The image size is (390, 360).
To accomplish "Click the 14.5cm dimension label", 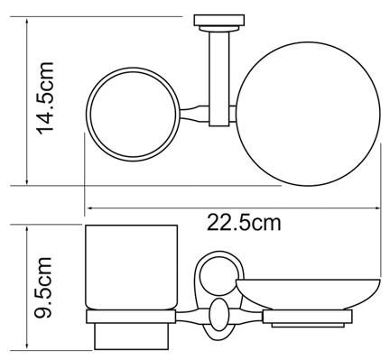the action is coord(45,98).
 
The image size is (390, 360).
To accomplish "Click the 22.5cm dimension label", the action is coord(244,223).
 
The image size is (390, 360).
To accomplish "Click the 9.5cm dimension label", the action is coord(43,288).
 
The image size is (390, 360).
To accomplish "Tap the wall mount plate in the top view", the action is coord(219,20).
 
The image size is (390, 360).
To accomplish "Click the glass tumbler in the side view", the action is coord(131,267).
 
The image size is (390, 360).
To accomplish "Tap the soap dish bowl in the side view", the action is coord(308,295).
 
